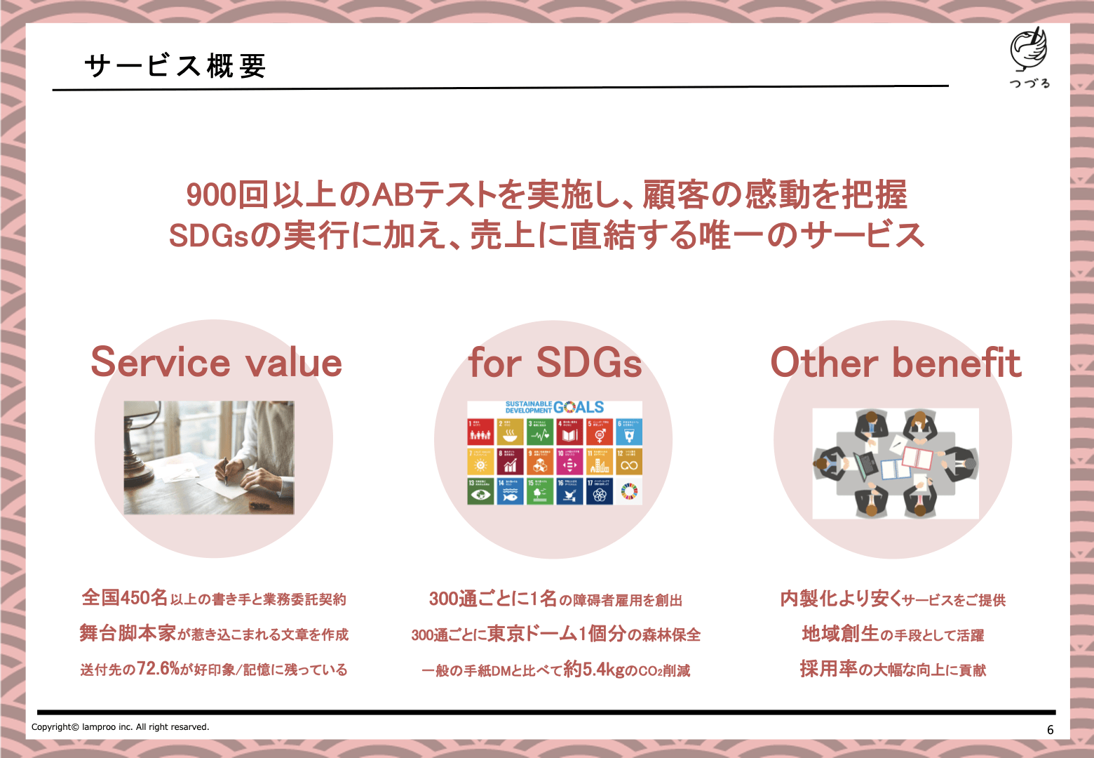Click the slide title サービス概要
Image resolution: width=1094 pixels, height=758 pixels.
click(x=175, y=66)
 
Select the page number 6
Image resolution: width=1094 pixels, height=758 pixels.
click(x=1050, y=730)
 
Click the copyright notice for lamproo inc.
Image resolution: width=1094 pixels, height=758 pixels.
click(x=120, y=727)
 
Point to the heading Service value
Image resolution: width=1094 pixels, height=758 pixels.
click(x=216, y=362)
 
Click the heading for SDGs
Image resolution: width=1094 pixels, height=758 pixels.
click(x=555, y=362)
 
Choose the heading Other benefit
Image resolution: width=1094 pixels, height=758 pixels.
click(x=896, y=362)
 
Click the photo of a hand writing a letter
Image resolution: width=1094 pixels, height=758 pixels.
click(x=209, y=457)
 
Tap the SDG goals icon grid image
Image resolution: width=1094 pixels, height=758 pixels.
click(x=554, y=453)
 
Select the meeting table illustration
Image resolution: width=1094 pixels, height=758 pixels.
click(x=895, y=463)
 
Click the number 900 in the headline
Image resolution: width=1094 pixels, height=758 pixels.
click(x=211, y=195)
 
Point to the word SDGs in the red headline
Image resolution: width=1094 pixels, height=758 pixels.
click(x=209, y=236)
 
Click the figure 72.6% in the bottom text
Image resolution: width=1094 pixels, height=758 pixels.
click(x=158, y=668)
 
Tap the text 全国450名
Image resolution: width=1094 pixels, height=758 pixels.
click(x=125, y=597)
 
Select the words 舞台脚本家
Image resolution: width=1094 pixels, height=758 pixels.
click(x=127, y=633)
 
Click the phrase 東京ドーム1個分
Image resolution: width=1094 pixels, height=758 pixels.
click(x=556, y=633)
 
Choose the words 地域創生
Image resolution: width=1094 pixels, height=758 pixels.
click(x=839, y=633)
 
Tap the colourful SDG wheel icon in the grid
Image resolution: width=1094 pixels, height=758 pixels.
click(x=629, y=492)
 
